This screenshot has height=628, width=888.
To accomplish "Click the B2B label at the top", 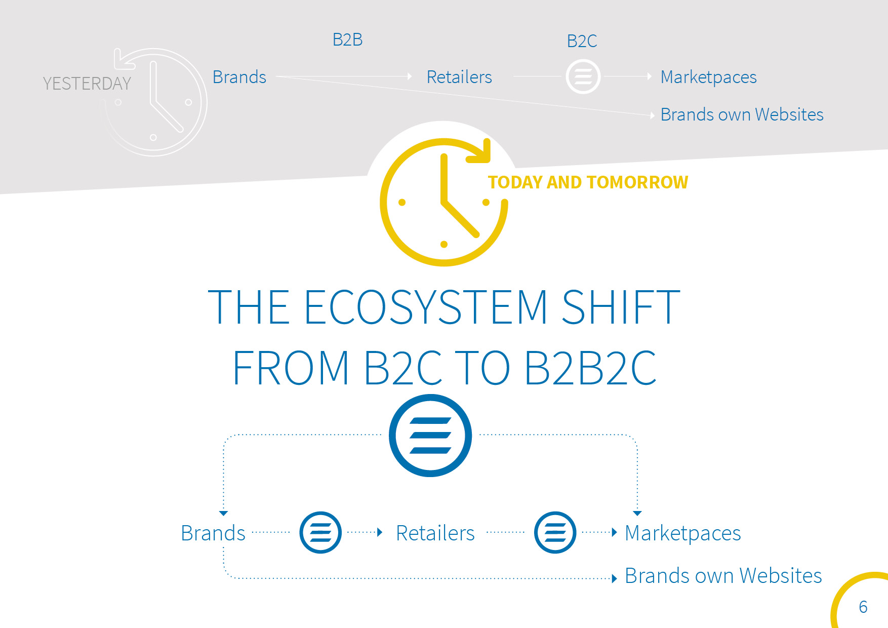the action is click(x=347, y=40).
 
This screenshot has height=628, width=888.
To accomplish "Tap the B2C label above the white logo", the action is click(x=582, y=41).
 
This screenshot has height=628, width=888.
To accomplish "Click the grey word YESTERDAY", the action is click(x=87, y=84).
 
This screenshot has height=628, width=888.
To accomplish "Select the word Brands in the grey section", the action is click(x=239, y=77).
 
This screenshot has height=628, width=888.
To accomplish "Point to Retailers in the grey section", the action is click(x=459, y=77).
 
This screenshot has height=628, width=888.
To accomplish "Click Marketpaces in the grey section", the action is click(x=708, y=77).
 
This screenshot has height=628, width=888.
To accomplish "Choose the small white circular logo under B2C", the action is click(x=583, y=77).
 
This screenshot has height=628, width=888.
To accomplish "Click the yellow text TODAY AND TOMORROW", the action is click(x=588, y=182).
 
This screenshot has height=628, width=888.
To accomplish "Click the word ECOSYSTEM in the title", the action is click(x=426, y=307).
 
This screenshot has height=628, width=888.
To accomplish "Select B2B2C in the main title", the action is click(x=590, y=368).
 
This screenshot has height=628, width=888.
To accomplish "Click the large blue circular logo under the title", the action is click(x=430, y=436).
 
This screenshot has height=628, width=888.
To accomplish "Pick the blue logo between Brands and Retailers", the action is click(x=320, y=533).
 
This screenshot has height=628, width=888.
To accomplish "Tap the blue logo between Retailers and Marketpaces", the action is click(x=555, y=533).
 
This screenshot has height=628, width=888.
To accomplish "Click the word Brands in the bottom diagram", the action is click(x=213, y=533).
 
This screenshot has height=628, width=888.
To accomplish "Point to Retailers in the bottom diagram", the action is click(x=435, y=533).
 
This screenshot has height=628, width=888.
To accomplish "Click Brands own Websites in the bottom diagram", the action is click(x=723, y=576).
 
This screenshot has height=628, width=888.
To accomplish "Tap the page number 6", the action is click(x=863, y=607).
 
